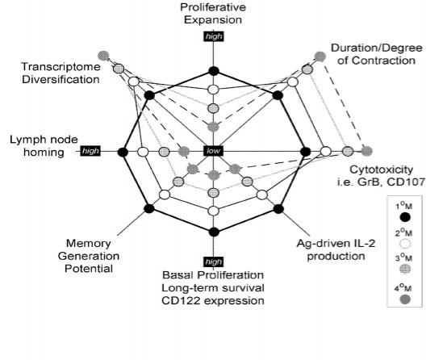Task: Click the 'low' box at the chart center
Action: click(213, 151)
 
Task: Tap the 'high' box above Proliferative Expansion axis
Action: click(214, 36)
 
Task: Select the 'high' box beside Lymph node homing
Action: click(90, 151)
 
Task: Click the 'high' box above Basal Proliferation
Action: click(213, 262)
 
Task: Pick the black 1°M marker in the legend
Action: click(406, 217)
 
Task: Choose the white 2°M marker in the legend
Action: click(406, 244)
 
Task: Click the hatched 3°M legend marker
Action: click(406, 269)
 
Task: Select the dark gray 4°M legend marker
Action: click(406, 299)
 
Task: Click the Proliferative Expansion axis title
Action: click(213, 13)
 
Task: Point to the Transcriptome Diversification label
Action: click(61, 73)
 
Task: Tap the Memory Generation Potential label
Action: click(89, 256)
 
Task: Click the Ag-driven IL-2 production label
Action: click(336, 249)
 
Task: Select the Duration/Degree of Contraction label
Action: click(377, 54)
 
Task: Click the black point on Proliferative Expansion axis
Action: click(214, 71)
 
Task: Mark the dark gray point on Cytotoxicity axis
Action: click(366, 152)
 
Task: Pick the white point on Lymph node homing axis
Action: click(143, 152)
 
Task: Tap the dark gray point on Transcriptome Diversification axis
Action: click(103, 56)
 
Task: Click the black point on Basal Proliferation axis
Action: click(214, 232)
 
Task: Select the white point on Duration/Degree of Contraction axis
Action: click(293, 82)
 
